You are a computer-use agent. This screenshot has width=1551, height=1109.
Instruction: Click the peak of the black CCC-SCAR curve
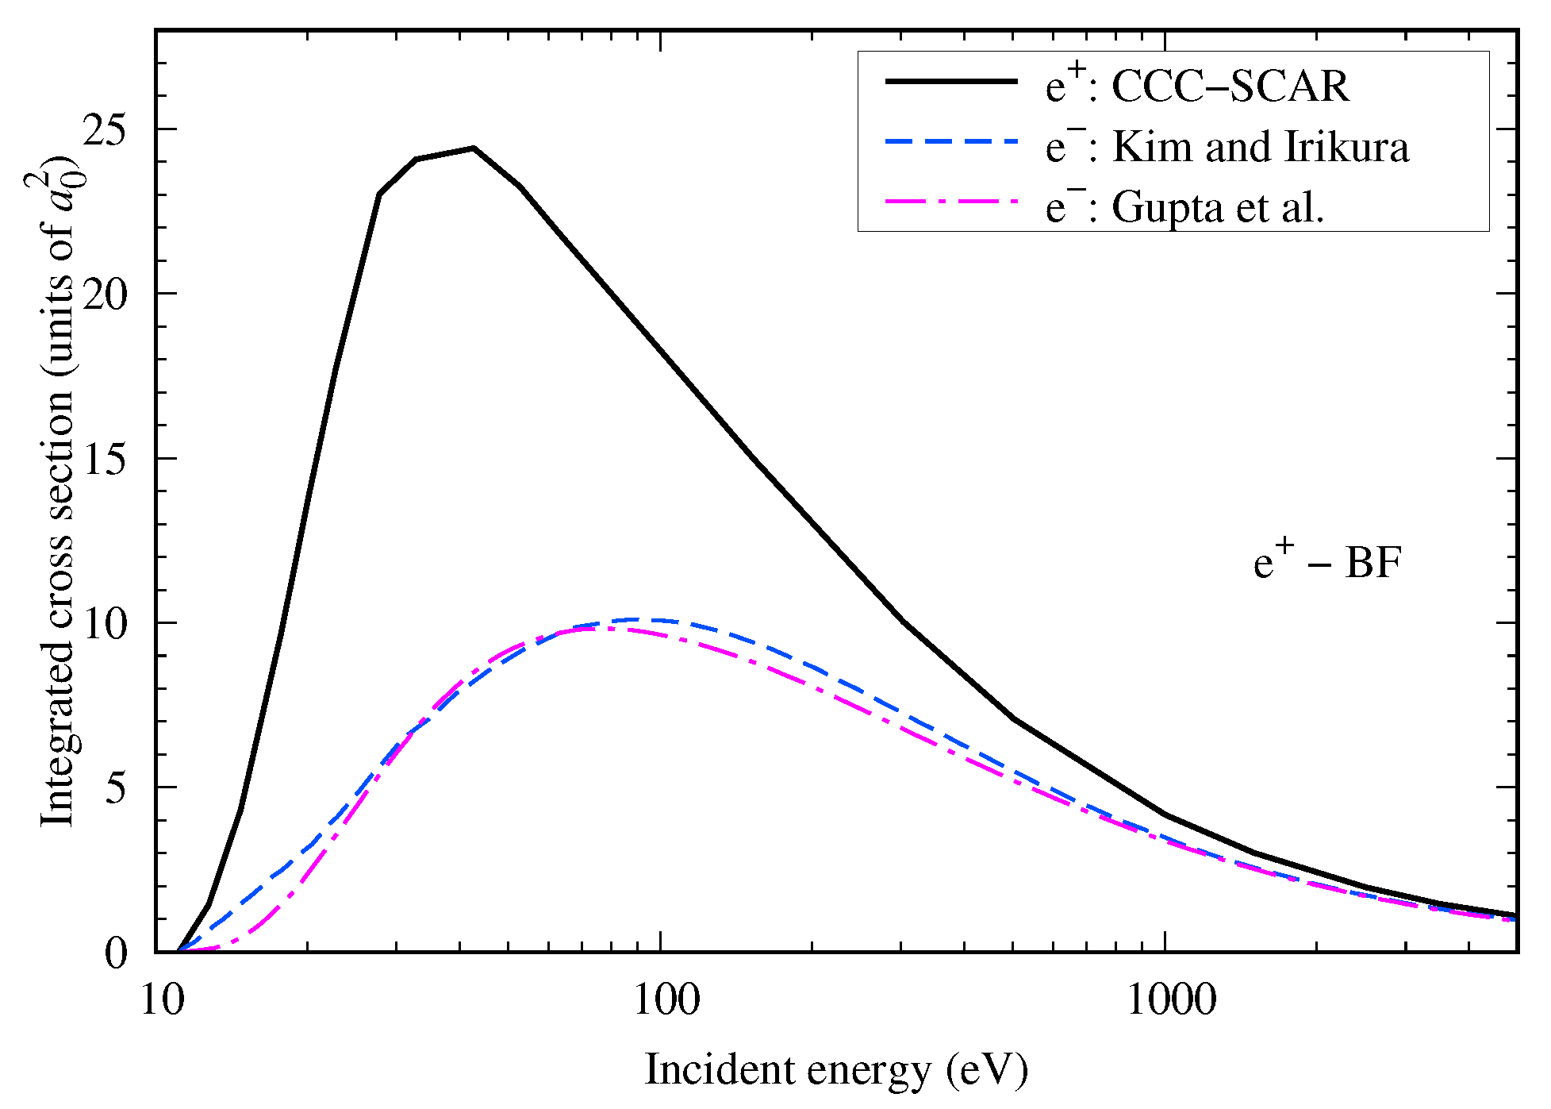(x=473, y=148)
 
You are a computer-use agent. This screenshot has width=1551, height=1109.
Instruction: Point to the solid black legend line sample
(x=950, y=82)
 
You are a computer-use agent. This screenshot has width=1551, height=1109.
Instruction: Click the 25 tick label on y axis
(x=106, y=129)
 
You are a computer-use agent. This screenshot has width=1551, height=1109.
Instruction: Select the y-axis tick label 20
(x=106, y=295)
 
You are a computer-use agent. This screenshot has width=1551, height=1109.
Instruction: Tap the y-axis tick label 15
(x=106, y=460)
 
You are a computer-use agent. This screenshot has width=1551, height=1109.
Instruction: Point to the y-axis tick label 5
(x=116, y=788)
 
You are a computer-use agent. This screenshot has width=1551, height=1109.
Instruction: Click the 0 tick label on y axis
(x=116, y=953)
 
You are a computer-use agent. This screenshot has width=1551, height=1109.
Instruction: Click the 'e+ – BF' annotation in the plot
(x=1327, y=563)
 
